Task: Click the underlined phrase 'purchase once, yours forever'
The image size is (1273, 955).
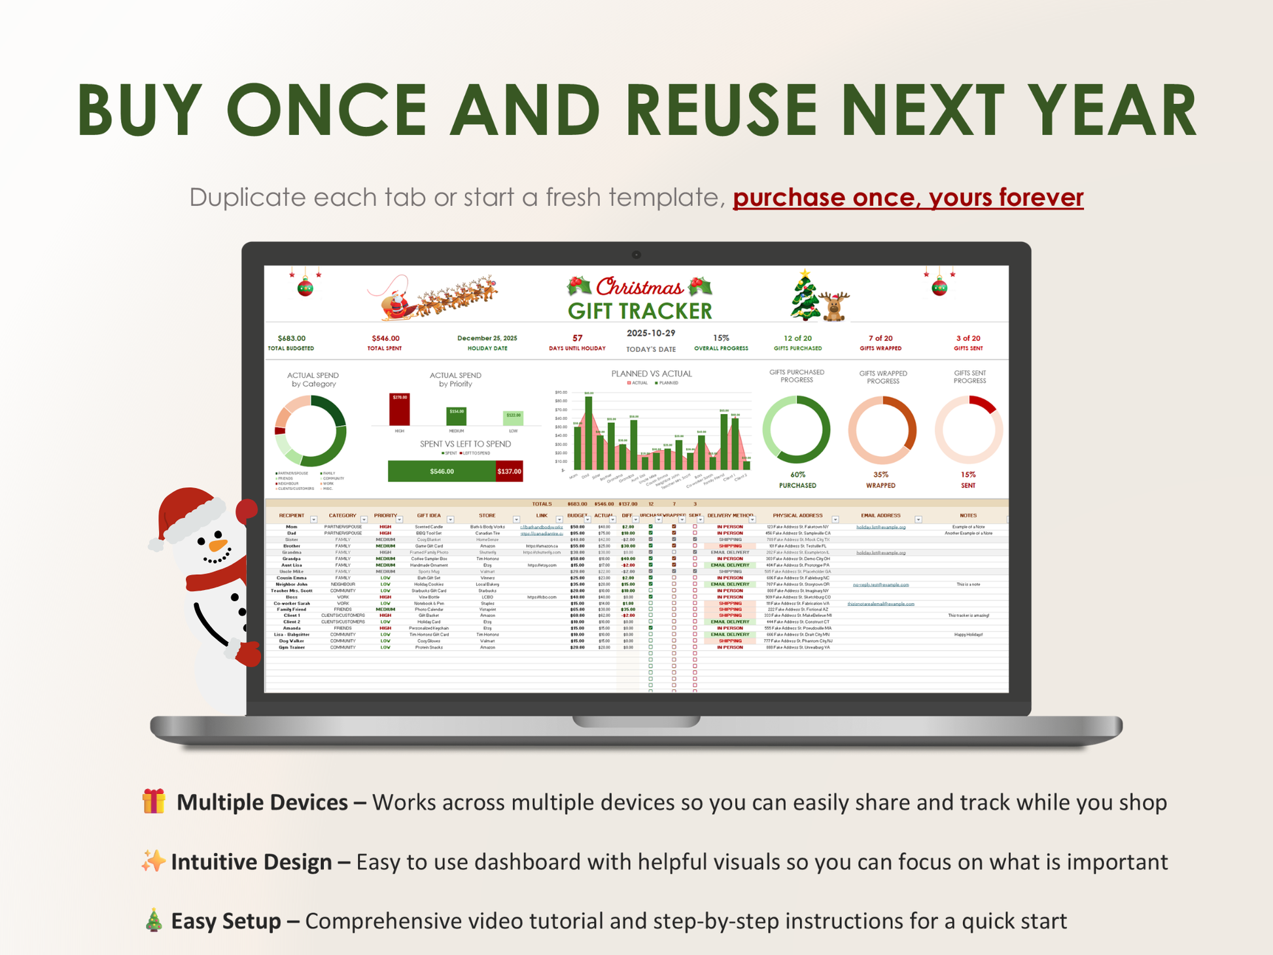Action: (908, 197)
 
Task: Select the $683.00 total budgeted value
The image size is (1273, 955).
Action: (291, 338)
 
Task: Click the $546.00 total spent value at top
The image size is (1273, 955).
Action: (385, 338)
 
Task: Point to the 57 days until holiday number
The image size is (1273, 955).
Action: (577, 338)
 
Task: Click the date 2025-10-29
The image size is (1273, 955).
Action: (650, 333)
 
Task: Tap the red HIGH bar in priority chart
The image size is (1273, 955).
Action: (400, 410)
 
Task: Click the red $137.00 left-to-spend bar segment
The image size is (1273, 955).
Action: (509, 471)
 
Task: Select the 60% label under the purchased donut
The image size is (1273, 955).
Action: (797, 475)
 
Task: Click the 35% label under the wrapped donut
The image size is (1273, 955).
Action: (881, 475)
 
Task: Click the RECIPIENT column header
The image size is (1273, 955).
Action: (291, 515)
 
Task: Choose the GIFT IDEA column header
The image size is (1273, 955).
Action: (428, 515)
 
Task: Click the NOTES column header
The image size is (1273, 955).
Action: (968, 515)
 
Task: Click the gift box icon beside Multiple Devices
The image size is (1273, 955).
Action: (154, 801)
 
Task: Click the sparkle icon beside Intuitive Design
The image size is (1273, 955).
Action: (153, 861)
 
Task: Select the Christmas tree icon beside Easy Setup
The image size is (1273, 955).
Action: (154, 920)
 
